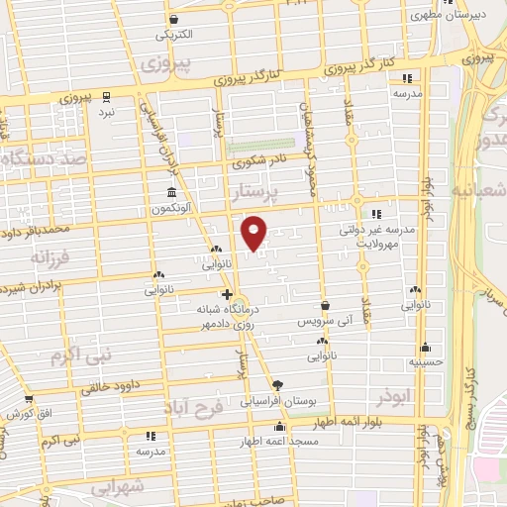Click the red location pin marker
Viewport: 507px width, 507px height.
coord(254,232)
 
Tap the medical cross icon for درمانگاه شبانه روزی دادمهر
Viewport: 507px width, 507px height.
coord(227,294)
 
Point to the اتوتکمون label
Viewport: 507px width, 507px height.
coord(173,209)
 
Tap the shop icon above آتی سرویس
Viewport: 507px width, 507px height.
coord(326,306)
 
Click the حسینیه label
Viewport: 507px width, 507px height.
coord(426,362)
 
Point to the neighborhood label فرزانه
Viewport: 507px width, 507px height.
coord(51,257)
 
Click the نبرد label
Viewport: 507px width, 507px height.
coord(106,114)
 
